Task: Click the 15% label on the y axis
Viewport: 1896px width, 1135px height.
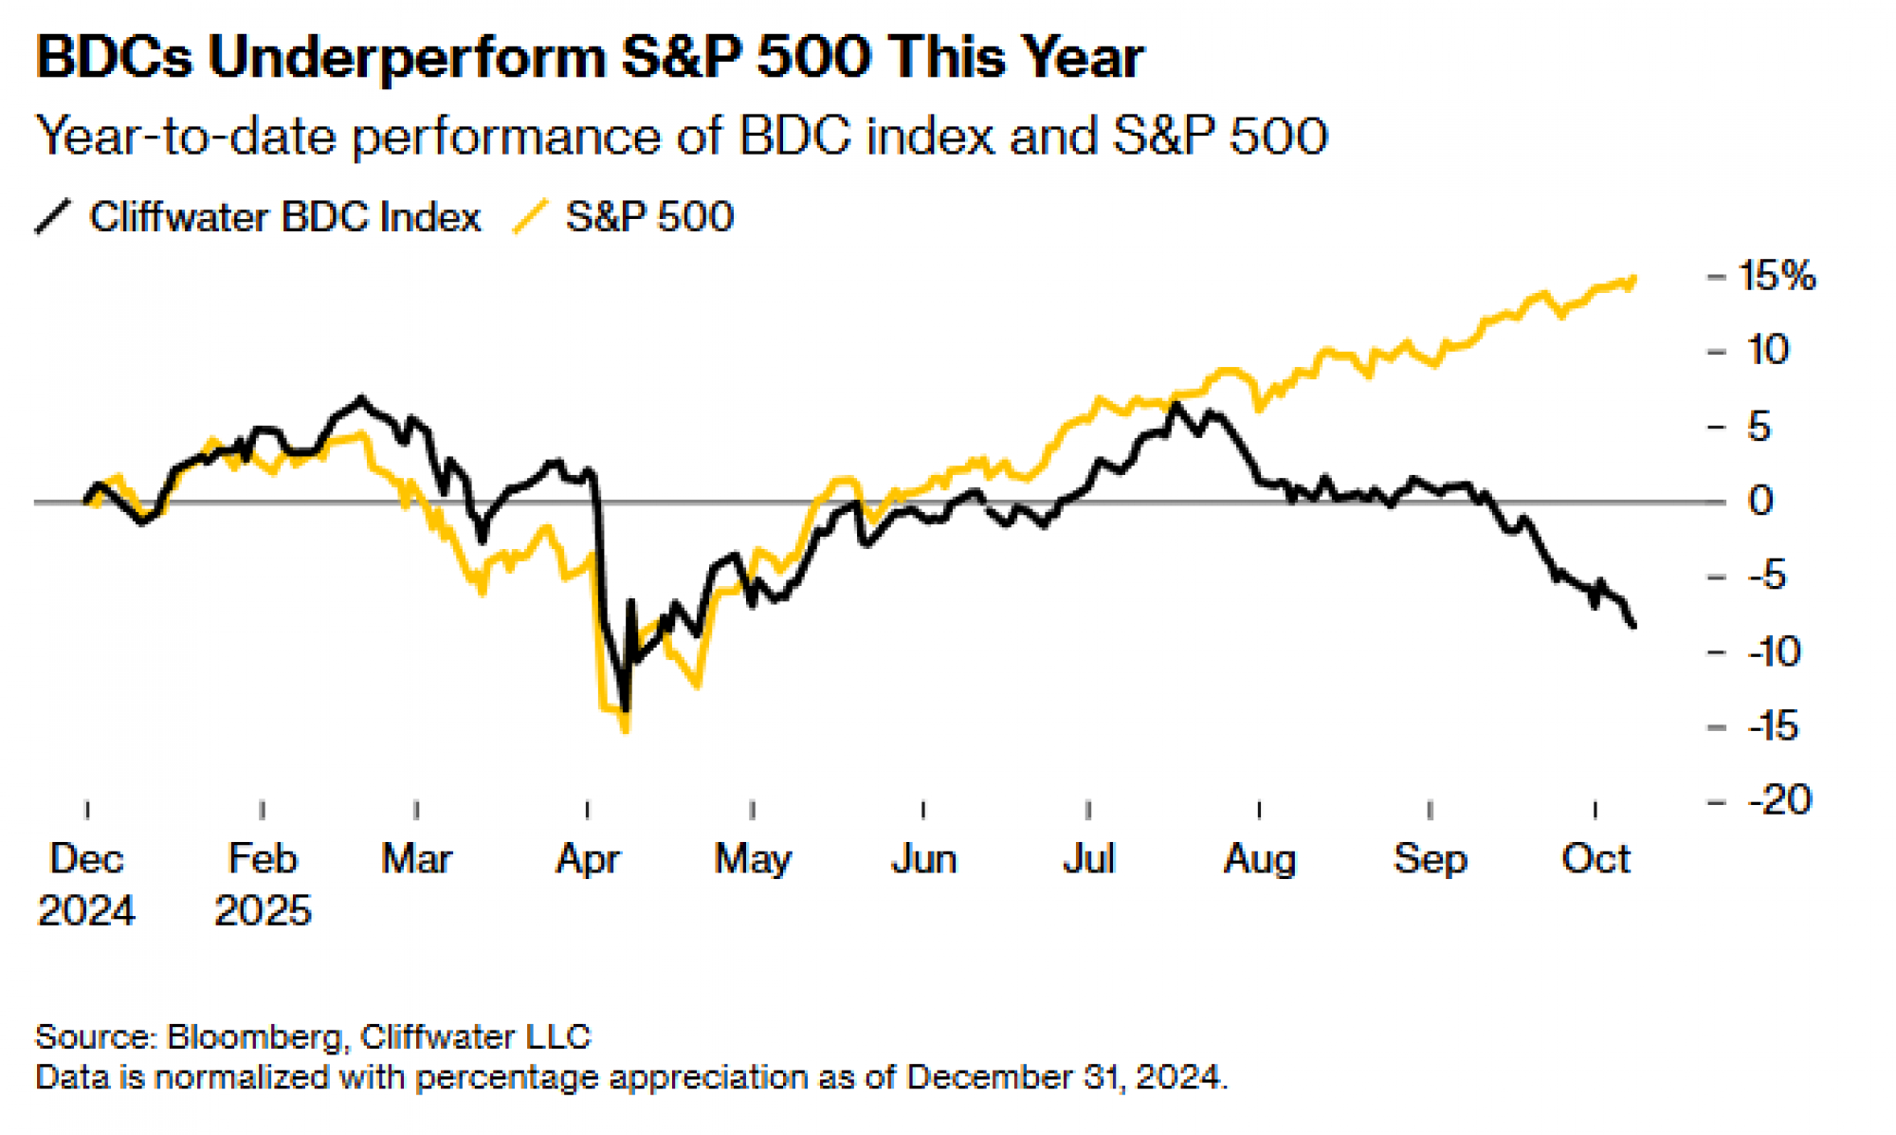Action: [1777, 276]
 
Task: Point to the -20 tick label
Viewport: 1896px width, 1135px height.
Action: [1779, 800]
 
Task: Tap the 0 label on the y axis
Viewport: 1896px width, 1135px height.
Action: [1759, 501]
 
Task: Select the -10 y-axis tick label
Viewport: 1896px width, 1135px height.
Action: [1774, 651]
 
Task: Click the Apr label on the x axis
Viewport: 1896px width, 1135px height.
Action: [588, 859]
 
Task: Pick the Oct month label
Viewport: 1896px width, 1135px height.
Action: [1595, 859]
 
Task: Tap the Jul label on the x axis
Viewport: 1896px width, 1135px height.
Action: [1088, 859]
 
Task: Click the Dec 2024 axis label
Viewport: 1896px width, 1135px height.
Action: [86, 884]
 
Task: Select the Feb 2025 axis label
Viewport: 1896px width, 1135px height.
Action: [263, 884]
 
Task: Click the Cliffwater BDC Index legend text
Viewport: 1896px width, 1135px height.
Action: [285, 217]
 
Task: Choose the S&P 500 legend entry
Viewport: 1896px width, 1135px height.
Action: [649, 217]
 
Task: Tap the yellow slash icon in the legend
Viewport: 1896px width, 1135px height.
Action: [530, 216]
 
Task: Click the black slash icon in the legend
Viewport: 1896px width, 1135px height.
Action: [53, 216]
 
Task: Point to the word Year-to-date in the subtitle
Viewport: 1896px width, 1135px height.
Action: [186, 136]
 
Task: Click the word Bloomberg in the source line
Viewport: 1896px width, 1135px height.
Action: [254, 1036]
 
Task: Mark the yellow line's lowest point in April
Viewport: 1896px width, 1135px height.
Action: [625, 730]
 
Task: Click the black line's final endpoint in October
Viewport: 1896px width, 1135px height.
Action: [1633, 626]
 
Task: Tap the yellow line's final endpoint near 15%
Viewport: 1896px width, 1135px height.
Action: [1634, 278]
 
